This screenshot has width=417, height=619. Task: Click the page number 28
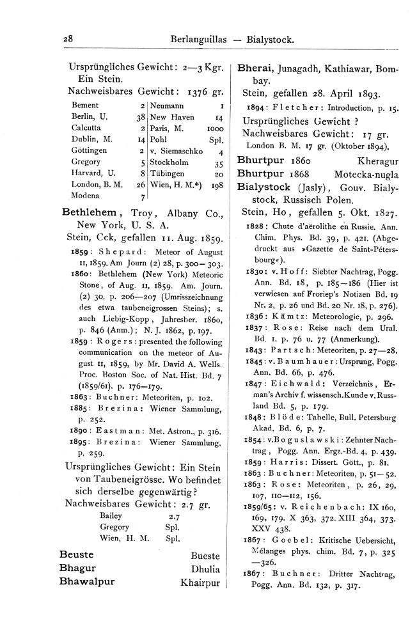tap(68, 39)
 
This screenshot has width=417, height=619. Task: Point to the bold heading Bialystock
tap(267, 189)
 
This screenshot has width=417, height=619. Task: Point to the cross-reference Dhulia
tap(205, 568)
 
